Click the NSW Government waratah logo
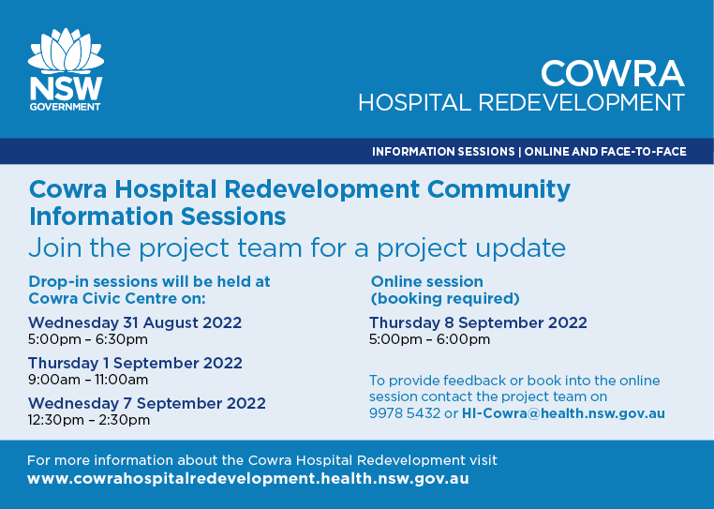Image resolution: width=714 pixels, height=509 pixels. click(66, 69)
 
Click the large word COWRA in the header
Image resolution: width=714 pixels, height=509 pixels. click(613, 73)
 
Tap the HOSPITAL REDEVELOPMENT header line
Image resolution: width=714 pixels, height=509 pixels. click(521, 102)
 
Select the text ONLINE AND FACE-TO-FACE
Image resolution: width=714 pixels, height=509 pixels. click(605, 151)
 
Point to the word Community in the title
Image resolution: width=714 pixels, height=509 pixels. click(498, 189)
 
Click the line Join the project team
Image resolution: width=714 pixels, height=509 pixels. click(297, 247)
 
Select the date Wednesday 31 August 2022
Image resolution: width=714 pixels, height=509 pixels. click(135, 322)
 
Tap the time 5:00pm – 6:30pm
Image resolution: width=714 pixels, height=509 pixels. click(88, 339)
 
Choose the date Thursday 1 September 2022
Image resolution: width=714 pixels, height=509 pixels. click(135, 363)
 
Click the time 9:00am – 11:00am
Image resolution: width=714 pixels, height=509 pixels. click(88, 380)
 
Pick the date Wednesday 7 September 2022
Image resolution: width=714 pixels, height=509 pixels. click(147, 403)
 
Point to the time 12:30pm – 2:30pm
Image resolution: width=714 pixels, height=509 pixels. click(89, 420)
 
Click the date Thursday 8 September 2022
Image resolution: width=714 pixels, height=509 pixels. click(478, 322)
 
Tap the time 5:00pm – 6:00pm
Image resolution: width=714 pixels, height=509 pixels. click(429, 339)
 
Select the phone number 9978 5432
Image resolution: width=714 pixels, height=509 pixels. click(405, 413)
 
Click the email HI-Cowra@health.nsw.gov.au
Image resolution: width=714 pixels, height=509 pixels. click(563, 413)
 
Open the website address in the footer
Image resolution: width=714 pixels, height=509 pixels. click(247, 479)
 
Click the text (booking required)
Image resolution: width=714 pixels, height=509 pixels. click(445, 299)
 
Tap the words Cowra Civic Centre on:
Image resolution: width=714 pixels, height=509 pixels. click(117, 298)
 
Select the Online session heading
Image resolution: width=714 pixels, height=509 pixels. click(427, 281)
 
